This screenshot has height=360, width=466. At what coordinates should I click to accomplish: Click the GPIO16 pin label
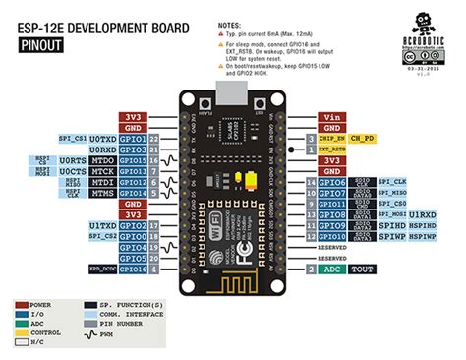134,269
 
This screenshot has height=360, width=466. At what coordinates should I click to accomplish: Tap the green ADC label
331,269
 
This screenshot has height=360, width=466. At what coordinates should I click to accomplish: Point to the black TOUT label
363,269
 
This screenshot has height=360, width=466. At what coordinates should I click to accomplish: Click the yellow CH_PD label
363,139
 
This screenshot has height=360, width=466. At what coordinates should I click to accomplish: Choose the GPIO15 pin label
134,160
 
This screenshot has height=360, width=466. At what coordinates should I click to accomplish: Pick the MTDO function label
103,160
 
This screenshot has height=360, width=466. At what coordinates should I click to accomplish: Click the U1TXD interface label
102,225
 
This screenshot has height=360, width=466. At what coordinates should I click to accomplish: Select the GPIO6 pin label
331,182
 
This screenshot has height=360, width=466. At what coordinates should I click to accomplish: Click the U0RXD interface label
102,150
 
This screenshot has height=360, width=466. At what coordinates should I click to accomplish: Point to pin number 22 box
154,139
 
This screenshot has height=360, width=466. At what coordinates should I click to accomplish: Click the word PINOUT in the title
40,44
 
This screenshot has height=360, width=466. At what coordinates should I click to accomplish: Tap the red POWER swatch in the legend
23,305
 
